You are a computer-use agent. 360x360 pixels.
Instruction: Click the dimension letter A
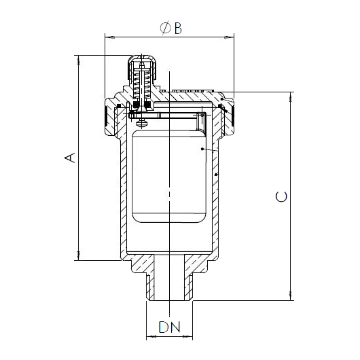pyautogui.click(x=68, y=158)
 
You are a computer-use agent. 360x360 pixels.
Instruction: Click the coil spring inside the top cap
pyautogui.click(x=141, y=85)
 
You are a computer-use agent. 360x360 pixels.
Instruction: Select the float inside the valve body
pyautogui.click(x=170, y=177)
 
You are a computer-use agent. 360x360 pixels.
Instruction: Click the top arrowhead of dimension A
pyautogui.click(x=79, y=59)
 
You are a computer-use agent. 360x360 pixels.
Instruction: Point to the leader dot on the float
pyautogui.click(x=202, y=147)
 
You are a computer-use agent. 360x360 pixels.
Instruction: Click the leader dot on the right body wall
pyautogui.click(x=216, y=175)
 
